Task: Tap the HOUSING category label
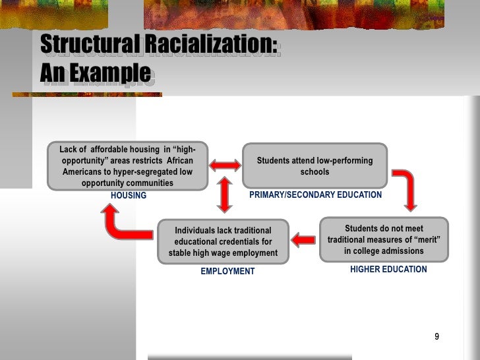coord(129,196)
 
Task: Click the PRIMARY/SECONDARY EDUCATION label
coord(315,195)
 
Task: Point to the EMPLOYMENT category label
coord(227,272)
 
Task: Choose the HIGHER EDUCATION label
coord(388,270)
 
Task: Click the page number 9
coord(436,338)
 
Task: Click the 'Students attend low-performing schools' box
coord(315,166)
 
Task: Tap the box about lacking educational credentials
coord(223,241)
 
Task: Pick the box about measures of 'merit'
coord(383,239)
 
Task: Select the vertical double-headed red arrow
coord(225,195)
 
